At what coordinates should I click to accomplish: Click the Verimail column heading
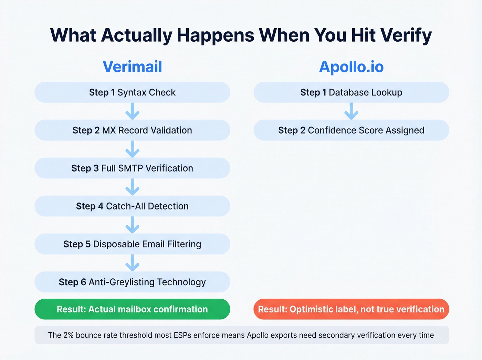coord(132,66)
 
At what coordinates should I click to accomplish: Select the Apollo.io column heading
coord(351,66)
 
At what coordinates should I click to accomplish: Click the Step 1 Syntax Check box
coord(132,92)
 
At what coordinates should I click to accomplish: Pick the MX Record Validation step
coord(132,130)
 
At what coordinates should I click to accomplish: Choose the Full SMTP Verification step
coord(132,168)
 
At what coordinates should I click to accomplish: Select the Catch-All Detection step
coord(132,206)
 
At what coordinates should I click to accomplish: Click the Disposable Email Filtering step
coord(132,244)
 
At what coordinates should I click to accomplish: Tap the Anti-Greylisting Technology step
coord(132,282)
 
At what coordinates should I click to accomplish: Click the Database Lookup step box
coord(351,92)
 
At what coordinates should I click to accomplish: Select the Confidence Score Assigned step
coord(351,130)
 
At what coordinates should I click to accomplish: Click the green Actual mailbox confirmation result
coord(132,309)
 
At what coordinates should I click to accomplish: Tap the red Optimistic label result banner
coord(351,309)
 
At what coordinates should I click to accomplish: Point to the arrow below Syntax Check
coord(132,111)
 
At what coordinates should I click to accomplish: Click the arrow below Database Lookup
coord(351,111)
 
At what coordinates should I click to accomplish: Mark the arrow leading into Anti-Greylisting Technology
coord(132,263)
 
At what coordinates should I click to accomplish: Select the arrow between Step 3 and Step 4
coord(132,187)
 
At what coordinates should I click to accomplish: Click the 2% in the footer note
coord(68,335)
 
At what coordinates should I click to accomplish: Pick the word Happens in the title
coord(215,35)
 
